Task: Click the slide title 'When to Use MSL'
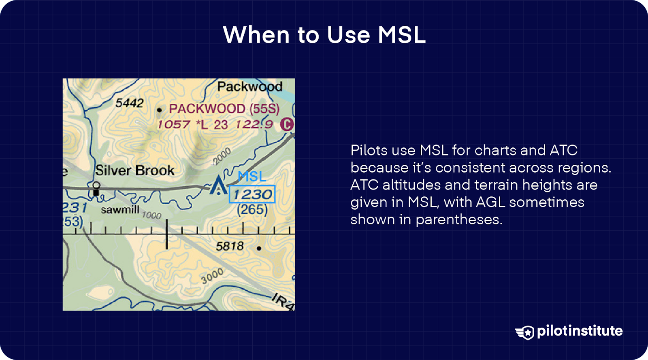[324, 35]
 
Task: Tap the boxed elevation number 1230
[252, 194]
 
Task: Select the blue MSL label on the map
[252, 177]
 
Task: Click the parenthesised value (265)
[252, 209]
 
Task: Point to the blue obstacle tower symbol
[218, 185]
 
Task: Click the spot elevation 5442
[129, 102]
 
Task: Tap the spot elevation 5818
[230, 246]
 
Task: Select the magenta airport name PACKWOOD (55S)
[224, 109]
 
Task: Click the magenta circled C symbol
[287, 125]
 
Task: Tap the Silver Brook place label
[135, 170]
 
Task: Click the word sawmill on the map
[120, 210]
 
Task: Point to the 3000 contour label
[212, 276]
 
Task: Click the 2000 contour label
[222, 156]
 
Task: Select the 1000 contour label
[151, 215]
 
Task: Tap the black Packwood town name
[250, 87]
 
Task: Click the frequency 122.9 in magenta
[254, 125]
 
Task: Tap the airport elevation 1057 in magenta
[174, 125]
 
